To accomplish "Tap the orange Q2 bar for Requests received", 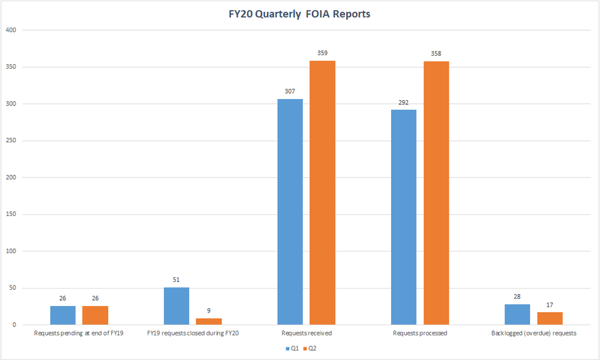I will point(322,193).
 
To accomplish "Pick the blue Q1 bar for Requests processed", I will point(403,217).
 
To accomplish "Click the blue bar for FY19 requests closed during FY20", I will point(176,306).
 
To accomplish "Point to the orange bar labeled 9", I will point(208,322).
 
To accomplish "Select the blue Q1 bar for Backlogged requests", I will point(517,314).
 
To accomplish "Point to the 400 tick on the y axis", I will point(11,30).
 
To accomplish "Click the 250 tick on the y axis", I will point(11,141).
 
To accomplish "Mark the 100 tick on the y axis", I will point(11,251).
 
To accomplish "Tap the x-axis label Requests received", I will point(306,333).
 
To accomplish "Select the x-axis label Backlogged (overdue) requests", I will point(533,333).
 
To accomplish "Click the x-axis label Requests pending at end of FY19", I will point(79,333).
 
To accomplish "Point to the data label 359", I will point(322,53).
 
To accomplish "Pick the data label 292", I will point(403,103).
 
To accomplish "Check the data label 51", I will point(176,280).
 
